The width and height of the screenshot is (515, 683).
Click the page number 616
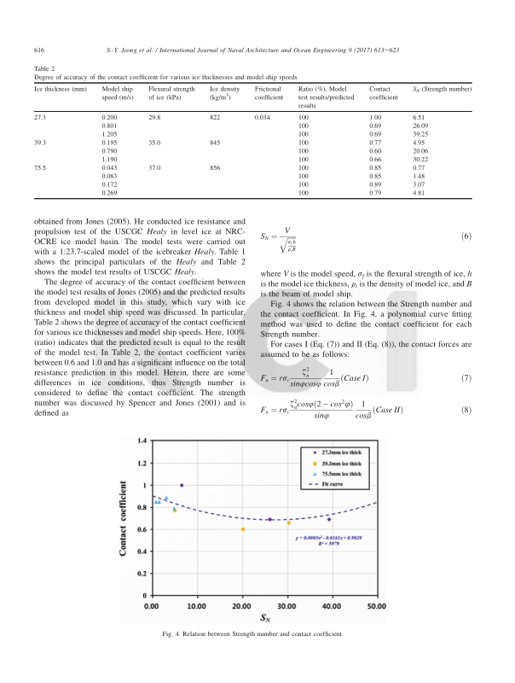[x=38, y=50]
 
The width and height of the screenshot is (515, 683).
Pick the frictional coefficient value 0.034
[x=263, y=116]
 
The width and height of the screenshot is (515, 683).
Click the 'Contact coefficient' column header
[x=383, y=94]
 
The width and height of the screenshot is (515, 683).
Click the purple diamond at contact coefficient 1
[x=182, y=485]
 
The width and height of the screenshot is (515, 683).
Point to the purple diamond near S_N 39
[x=329, y=519]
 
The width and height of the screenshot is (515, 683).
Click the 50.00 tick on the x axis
[x=376, y=605]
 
